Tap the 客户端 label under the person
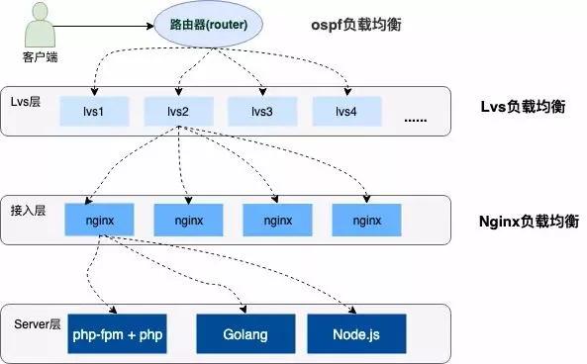tap(39, 56)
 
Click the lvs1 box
tap(97, 111)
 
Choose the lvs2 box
tap(179, 111)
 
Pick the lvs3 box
tap(261, 111)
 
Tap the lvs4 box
tap(346, 111)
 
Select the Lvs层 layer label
tap(28, 103)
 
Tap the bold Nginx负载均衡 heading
tap(523, 219)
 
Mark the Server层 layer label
tap(38, 323)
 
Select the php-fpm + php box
tap(118, 334)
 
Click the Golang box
tap(245, 334)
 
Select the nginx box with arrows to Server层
tap(99, 221)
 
